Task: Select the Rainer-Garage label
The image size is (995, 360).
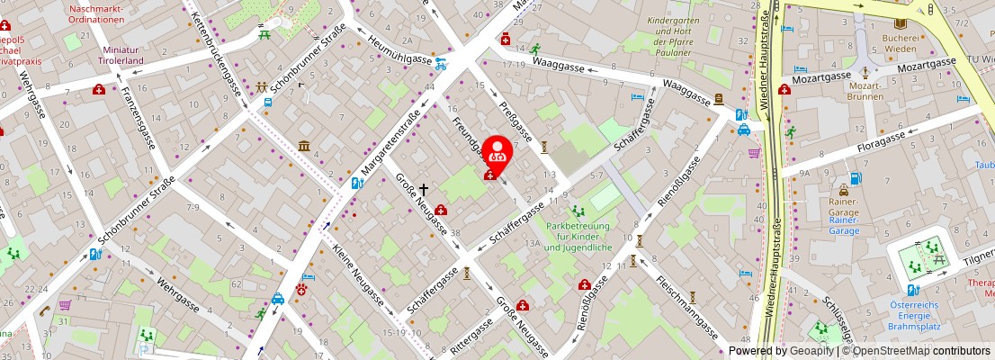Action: coord(844,220)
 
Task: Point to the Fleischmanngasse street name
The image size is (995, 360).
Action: coord(684,305)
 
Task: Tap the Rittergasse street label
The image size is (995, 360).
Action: coord(471,335)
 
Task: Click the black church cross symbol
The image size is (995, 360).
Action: coord(423,192)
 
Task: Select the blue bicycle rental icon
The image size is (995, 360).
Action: coord(441,64)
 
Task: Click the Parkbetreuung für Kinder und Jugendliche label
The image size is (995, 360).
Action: coord(578,237)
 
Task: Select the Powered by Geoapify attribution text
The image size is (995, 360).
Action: coord(781,351)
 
